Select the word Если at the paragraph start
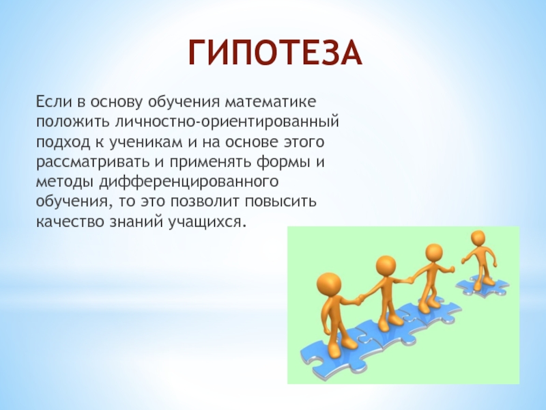[x=51, y=102]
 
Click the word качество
[x=66, y=223]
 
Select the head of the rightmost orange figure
[x=478, y=238]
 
